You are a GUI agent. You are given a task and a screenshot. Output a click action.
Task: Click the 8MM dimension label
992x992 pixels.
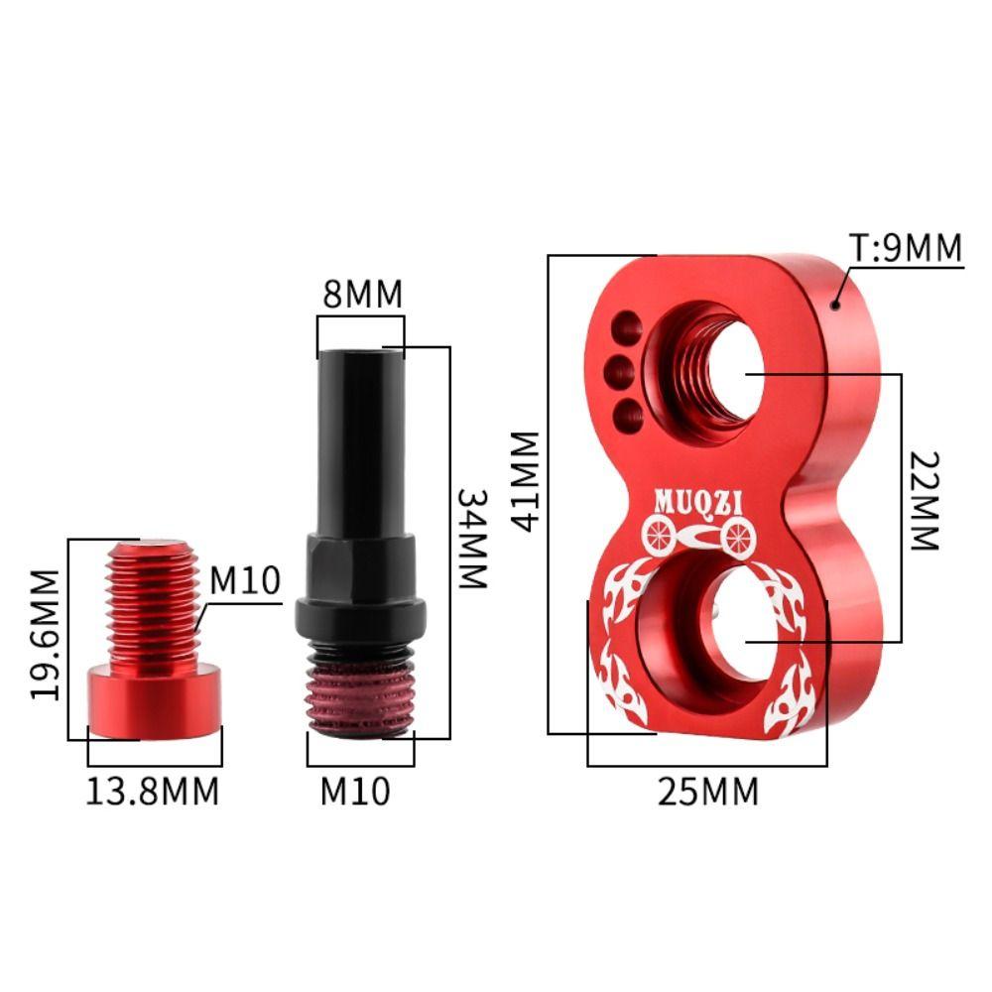click(x=362, y=295)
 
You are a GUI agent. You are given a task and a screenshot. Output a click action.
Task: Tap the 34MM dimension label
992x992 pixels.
click(x=472, y=539)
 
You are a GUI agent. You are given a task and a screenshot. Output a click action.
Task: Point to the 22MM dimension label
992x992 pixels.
click(x=925, y=501)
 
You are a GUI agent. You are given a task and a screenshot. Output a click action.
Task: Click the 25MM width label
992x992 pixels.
click(x=708, y=792)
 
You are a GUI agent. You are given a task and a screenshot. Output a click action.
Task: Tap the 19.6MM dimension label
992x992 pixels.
click(x=45, y=635)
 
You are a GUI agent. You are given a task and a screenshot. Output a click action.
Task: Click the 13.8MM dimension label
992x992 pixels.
click(x=153, y=792)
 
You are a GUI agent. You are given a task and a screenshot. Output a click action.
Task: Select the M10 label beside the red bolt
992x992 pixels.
click(x=245, y=580)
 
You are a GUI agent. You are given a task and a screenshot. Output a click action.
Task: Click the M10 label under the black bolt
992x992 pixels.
click(x=355, y=792)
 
